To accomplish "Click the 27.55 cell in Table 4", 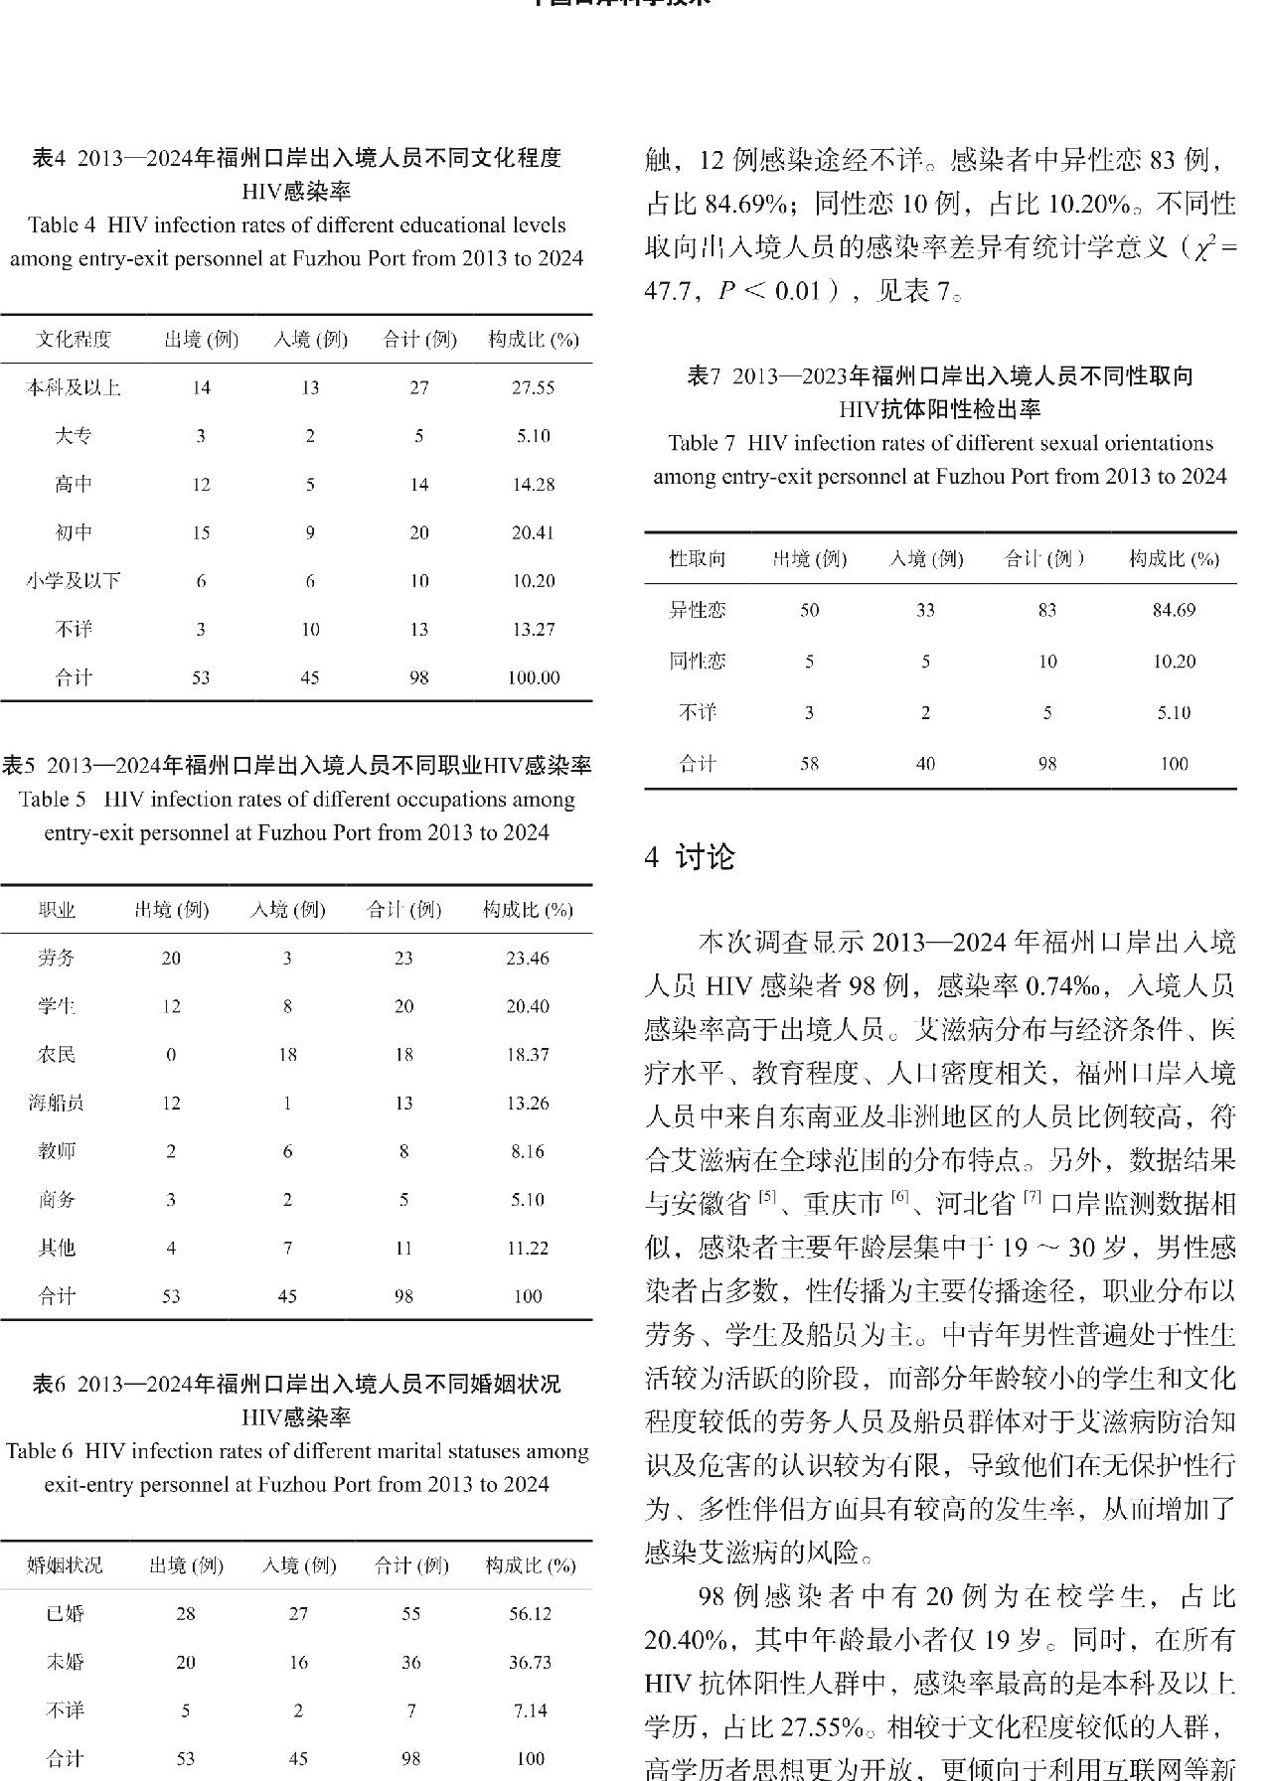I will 532,387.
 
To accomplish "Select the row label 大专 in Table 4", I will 74,436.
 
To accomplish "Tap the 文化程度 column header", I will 74,340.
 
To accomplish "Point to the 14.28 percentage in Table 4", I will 532,485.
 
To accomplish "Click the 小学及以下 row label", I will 74,581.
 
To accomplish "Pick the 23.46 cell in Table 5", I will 527,959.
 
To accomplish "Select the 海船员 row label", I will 57,1104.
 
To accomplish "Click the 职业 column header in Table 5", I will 57,910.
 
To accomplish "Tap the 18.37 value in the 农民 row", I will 527,1055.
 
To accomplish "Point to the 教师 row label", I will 57,1152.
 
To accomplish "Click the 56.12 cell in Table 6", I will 530,1614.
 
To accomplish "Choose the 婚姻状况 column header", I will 65,1565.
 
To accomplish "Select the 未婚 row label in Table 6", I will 65,1663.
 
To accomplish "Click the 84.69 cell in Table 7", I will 1174,610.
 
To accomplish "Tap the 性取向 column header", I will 698,559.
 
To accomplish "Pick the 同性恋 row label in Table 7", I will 698,662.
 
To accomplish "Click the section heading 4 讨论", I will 690,857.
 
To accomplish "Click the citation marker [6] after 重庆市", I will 899,1197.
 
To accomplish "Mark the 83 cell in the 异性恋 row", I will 1046,610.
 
